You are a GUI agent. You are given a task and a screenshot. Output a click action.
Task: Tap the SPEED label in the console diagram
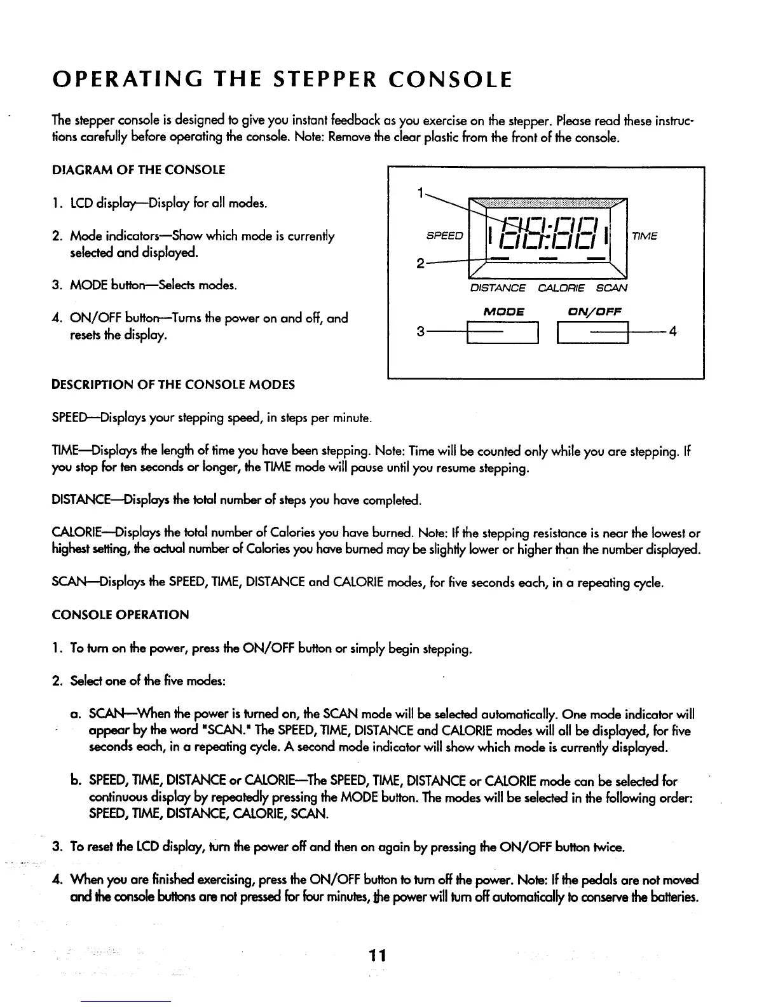(x=444, y=236)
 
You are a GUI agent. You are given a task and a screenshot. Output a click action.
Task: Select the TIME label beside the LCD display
(x=644, y=236)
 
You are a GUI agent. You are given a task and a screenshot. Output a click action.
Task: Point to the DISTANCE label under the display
(x=498, y=288)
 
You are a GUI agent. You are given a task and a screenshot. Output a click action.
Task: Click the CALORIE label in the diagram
(x=561, y=288)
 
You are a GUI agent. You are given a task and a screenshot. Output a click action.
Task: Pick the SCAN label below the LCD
(x=611, y=288)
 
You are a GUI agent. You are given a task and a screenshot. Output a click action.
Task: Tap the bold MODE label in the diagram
(x=503, y=312)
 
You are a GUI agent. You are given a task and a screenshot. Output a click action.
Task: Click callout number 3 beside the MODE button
(x=420, y=332)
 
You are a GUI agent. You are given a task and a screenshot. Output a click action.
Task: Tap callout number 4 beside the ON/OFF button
(x=672, y=331)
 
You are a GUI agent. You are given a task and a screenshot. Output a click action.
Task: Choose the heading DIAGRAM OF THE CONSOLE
(x=139, y=170)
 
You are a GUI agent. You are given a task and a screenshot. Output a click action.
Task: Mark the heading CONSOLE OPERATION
(x=120, y=615)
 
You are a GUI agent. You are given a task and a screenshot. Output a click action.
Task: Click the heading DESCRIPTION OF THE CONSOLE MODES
(x=173, y=385)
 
